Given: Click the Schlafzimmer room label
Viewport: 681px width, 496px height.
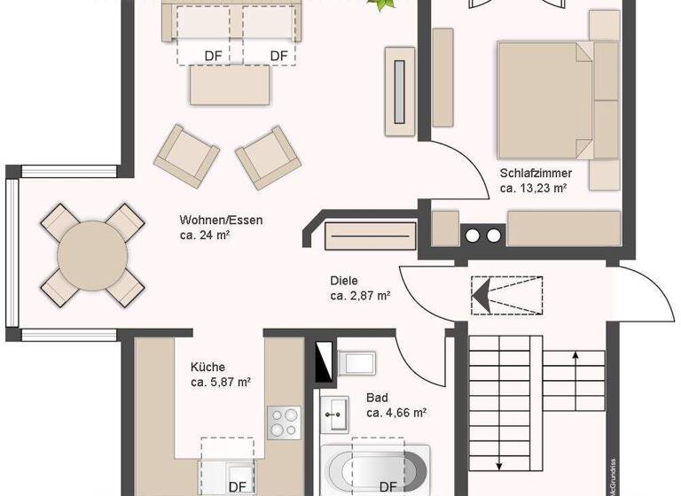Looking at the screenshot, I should pyautogui.click(x=536, y=174).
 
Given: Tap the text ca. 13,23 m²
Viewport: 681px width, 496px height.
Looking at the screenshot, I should pyautogui.click(x=533, y=188).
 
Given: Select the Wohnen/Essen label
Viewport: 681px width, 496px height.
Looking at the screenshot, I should pyautogui.click(x=221, y=221).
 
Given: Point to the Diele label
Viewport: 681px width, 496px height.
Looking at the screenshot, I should pyautogui.click(x=344, y=281).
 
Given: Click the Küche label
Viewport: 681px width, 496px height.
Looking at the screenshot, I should pyautogui.click(x=207, y=367).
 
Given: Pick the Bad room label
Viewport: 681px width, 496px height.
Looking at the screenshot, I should pyautogui.click(x=376, y=399).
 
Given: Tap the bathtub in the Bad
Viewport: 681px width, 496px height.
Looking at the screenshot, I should pyautogui.click(x=378, y=465).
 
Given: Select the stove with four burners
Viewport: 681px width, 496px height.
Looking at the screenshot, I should pyautogui.click(x=284, y=422).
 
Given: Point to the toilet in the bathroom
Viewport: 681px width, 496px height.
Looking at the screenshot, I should pyautogui.click(x=357, y=363).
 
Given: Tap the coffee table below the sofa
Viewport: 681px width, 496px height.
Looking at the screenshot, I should pyautogui.click(x=230, y=85).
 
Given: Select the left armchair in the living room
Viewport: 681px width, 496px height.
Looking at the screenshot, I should pyautogui.click(x=186, y=156).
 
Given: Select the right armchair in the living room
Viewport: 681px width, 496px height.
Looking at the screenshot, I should pyautogui.click(x=267, y=156).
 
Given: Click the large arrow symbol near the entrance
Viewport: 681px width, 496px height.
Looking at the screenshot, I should pyautogui.click(x=484, y=294).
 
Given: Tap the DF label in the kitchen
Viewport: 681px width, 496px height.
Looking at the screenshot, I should pyautogui.click(x=238, y=486).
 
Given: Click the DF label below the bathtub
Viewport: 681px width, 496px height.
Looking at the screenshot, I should pyautogui.click(x=387, y=486).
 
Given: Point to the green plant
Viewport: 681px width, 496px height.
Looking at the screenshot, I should pyautogui.click(x=383, y=5).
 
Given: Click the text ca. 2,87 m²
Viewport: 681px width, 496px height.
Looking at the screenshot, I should pyautogui.click(x=361, y=296).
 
